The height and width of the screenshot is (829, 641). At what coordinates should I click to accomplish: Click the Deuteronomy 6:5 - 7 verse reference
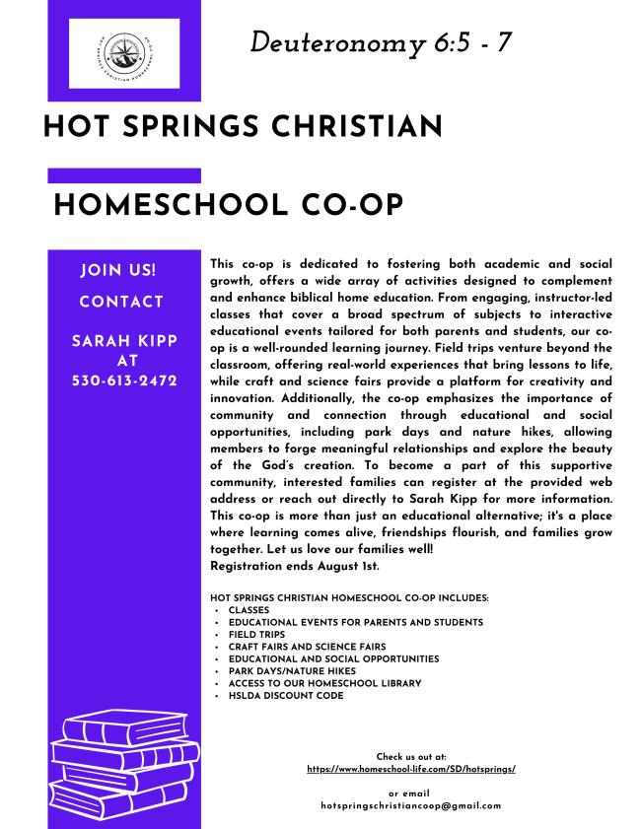coord(380,42)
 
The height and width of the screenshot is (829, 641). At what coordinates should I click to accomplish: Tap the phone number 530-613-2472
coord(124,380)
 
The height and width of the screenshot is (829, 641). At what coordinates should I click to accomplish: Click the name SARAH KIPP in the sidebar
coord(124,341)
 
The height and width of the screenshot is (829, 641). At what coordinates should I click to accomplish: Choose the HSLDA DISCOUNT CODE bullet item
coord(286,695)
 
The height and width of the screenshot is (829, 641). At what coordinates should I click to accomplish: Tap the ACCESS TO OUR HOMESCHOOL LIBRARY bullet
coord(324,683)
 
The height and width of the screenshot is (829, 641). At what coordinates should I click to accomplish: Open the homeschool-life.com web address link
coord(411,768)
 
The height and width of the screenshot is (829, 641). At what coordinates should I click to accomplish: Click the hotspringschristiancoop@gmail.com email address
coord(411,805)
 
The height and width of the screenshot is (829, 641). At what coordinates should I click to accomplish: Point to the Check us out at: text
coord(411,756)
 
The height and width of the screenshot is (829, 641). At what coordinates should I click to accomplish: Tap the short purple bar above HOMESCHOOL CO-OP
coord(124,175)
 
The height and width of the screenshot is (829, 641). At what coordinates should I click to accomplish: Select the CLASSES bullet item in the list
coord(249,610)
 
